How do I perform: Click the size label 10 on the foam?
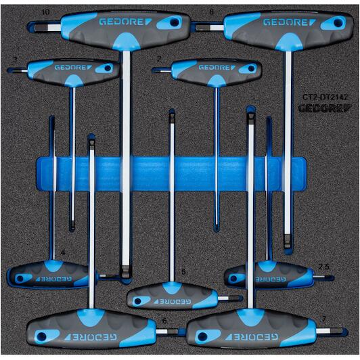pos(45,12)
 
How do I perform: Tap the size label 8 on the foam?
pos(211,12)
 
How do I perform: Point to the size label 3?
pos(15,60)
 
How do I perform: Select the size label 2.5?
pos(323,267)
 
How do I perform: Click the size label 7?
pos(324,319)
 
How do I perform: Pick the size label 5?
pos(183,272)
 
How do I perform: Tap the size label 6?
pos(164,321)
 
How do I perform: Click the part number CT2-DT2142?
pos(325,97)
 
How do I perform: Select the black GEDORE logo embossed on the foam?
pos(325,108)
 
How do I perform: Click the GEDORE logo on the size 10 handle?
pos(125,22)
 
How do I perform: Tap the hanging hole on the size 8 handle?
pos(338,23)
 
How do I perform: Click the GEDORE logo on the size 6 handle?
pos(91,337)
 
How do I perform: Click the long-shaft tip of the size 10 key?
pos(125,275)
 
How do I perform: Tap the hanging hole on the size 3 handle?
pos(108,68)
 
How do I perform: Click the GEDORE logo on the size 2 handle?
pos(217,68)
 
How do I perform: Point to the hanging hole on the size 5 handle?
pos(138,301)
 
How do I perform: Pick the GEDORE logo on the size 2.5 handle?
pos(271,279)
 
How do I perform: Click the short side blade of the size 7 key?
pos(331,331)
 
